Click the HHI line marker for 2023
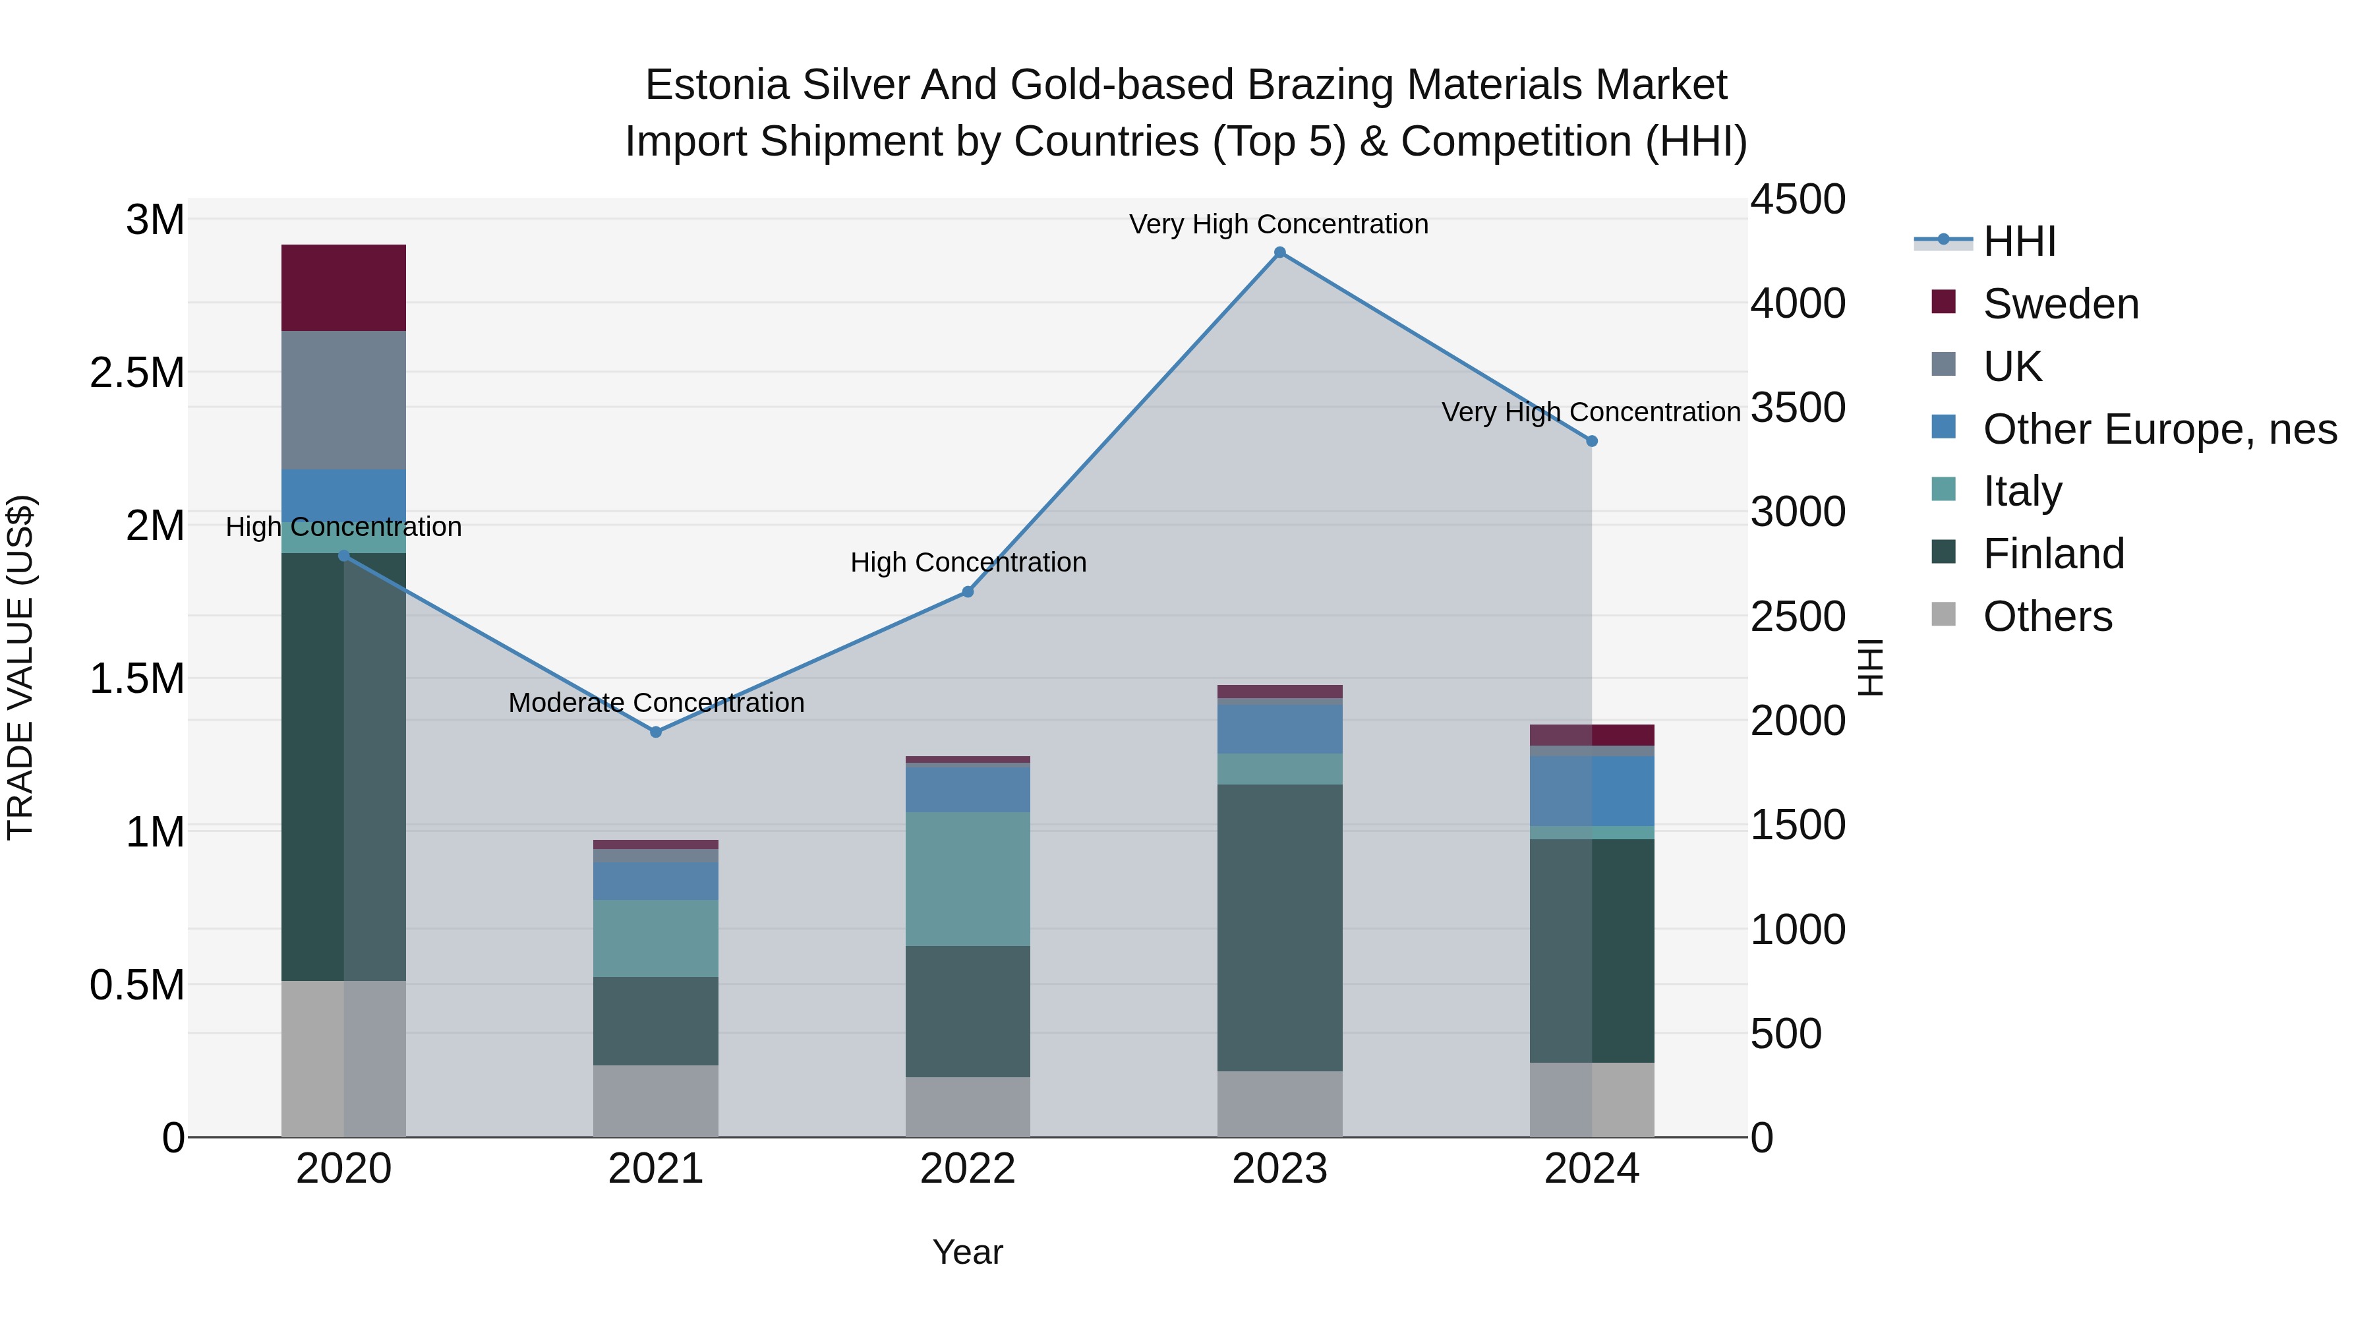1279,252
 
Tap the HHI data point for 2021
656,732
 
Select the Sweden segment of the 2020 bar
343,287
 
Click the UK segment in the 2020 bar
343,400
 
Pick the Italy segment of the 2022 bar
967,878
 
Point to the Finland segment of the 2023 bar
1279,927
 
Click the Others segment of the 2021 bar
656,1100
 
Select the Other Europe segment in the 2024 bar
1591,790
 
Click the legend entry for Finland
2053,554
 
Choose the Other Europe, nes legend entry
2158,429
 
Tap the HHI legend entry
2018,241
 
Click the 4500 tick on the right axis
1798,199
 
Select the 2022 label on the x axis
967,1169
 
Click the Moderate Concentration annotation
656,703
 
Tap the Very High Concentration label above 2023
1279,224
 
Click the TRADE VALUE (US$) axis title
20,667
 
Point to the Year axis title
967,1252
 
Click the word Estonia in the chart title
716,85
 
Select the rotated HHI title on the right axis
1869,667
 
